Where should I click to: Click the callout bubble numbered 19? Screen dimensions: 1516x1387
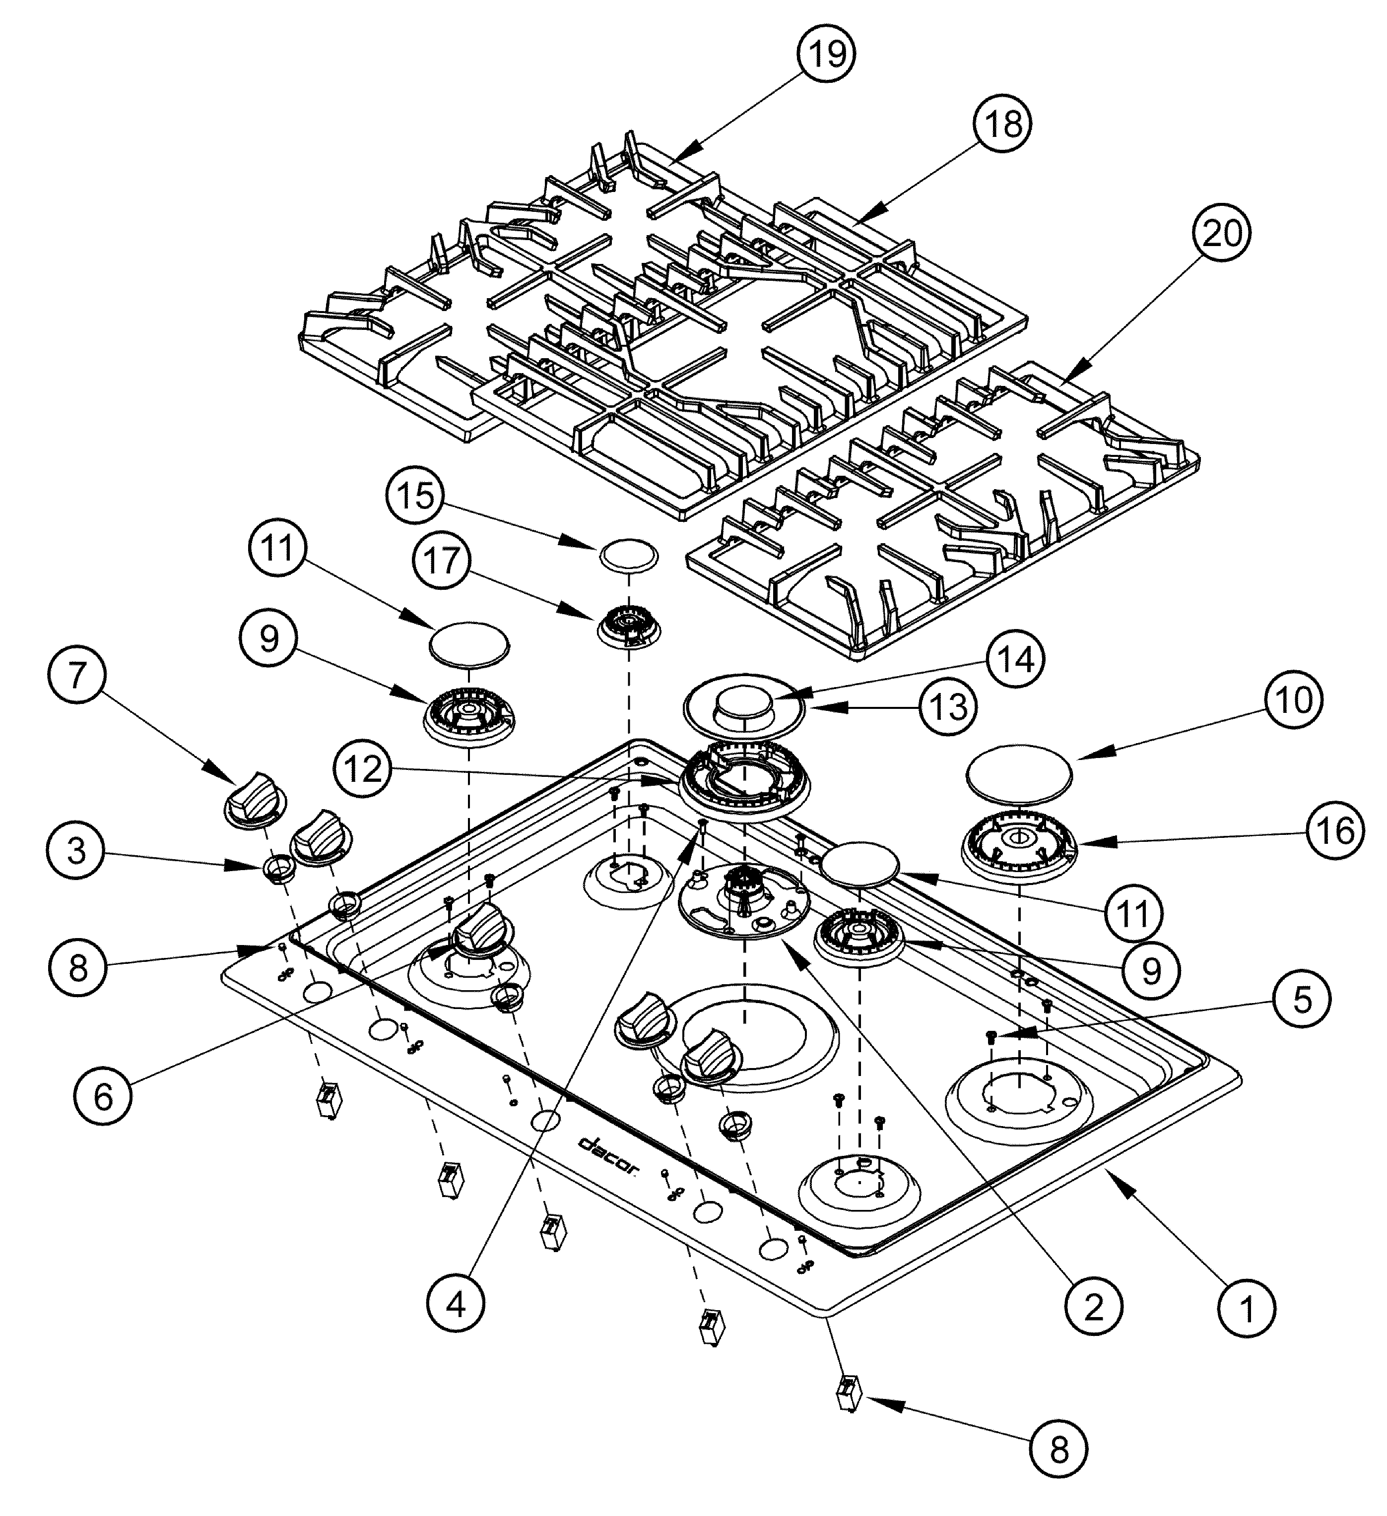pyautogui.click(x=827, y=54)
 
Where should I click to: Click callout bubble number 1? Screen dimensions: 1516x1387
pyautogui.click(x=1247, y=1309)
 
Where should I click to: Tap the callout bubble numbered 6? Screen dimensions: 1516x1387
pyautogui.click(x=103, y=1096)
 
